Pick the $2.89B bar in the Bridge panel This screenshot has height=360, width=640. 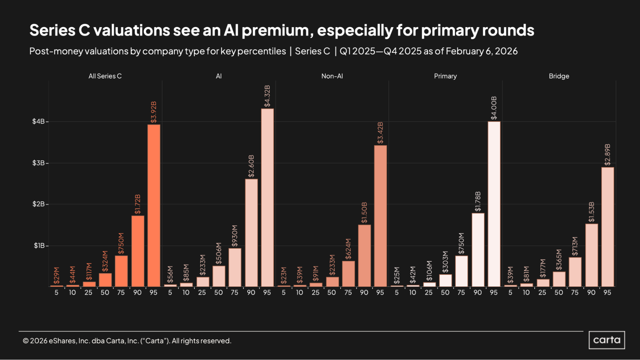click(607, 227)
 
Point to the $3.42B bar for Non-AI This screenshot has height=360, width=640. click(380, 216)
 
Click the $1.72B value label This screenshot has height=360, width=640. click(138, 204)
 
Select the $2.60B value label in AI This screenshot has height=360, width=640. click(251, 166)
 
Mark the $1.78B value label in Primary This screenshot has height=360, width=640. click(478, 201)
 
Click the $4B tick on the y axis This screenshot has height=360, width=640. click(38, 121)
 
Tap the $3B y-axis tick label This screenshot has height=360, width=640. click(38, 163)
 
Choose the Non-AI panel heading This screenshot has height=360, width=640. click(332, 76)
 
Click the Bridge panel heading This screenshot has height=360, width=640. click(559, 76)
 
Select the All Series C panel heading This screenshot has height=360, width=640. click(105, 76)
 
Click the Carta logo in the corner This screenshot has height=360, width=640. click(606, 340)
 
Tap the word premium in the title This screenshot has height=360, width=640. click(277, 30)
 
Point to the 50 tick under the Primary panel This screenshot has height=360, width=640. click(445, 292)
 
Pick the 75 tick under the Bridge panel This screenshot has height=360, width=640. click(575, 292)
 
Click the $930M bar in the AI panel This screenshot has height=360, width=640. click(235, 268)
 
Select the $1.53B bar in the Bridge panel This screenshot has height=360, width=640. click(591, 255)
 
